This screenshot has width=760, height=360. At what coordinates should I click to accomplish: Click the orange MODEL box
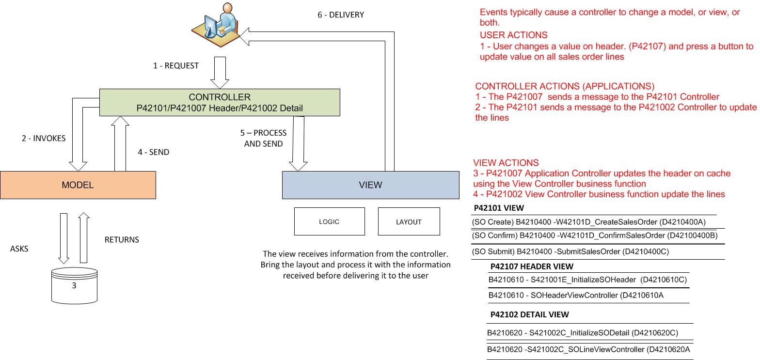(x=78, y=185)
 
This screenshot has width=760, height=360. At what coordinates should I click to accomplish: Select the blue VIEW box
(x=370, y=185)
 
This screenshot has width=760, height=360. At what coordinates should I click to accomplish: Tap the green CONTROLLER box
(x=220, y=102)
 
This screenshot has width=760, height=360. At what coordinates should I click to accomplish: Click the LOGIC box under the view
(x=329, y=221)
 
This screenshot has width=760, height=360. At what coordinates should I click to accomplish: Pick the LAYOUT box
(x=409, y=221)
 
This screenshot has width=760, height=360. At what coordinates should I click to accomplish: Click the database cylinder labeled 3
(x=74, y=286)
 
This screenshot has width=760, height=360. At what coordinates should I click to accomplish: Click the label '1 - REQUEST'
(x=175, y=65)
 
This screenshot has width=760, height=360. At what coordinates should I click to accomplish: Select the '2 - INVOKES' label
(x=44, y=138)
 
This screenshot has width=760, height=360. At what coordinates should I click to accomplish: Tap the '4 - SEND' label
(x=153, y=152)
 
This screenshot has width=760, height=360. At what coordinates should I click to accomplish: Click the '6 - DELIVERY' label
(x=340, y=15)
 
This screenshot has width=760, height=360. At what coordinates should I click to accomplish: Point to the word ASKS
(x=19, y=249)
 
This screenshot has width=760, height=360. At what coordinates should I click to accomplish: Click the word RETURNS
(x=122, y=239)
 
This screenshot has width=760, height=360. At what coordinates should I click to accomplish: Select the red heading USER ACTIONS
(x=513, y=35)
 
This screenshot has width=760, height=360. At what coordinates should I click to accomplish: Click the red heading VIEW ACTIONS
(x=506, y=163)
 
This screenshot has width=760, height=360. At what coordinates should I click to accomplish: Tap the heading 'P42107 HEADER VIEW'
(x=531, y=266)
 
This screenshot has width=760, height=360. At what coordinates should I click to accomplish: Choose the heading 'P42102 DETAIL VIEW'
(x=529, y=314)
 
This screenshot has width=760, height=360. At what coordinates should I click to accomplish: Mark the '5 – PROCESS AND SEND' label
(x=263, y=138)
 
